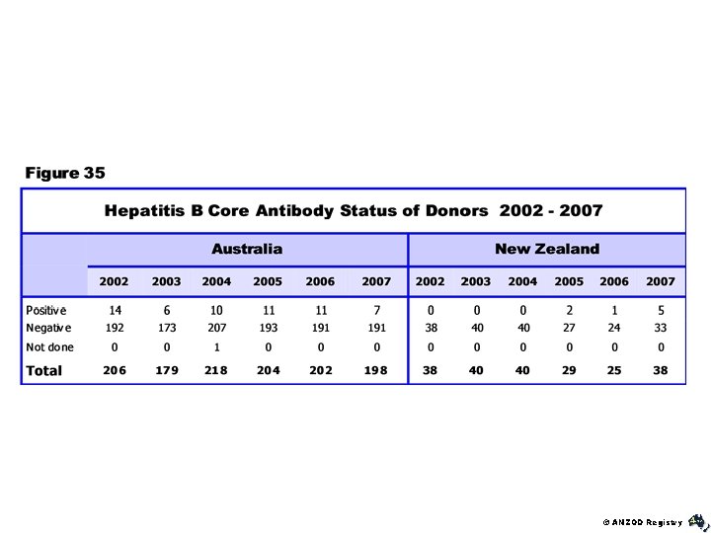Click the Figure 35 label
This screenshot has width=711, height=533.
(65, 174)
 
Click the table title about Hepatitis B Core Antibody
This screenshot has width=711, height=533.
(354, 210)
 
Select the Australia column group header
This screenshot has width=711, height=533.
(247, 249)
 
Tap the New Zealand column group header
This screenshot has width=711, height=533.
(546, 249)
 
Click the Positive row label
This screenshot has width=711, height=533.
(46, 310)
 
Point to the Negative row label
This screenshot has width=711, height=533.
(48, 328)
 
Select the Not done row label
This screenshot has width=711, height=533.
(49, 347)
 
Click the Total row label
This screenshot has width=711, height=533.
(44, 371)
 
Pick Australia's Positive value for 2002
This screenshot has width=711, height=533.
(116, 310)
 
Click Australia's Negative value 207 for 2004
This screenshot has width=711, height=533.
(216, 328)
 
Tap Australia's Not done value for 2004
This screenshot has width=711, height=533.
(216, 347)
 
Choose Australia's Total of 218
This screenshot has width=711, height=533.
(216, 371)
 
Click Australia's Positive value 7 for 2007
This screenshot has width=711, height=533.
(376, 310)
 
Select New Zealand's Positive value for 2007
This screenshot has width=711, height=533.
(661, 310)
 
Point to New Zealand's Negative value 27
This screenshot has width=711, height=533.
(569, 328)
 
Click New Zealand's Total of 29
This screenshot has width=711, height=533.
(569, 371)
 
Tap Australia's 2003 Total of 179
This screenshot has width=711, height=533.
(166, 371)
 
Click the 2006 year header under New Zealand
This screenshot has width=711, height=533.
(614, 281)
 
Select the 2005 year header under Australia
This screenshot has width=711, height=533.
(268, 281)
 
